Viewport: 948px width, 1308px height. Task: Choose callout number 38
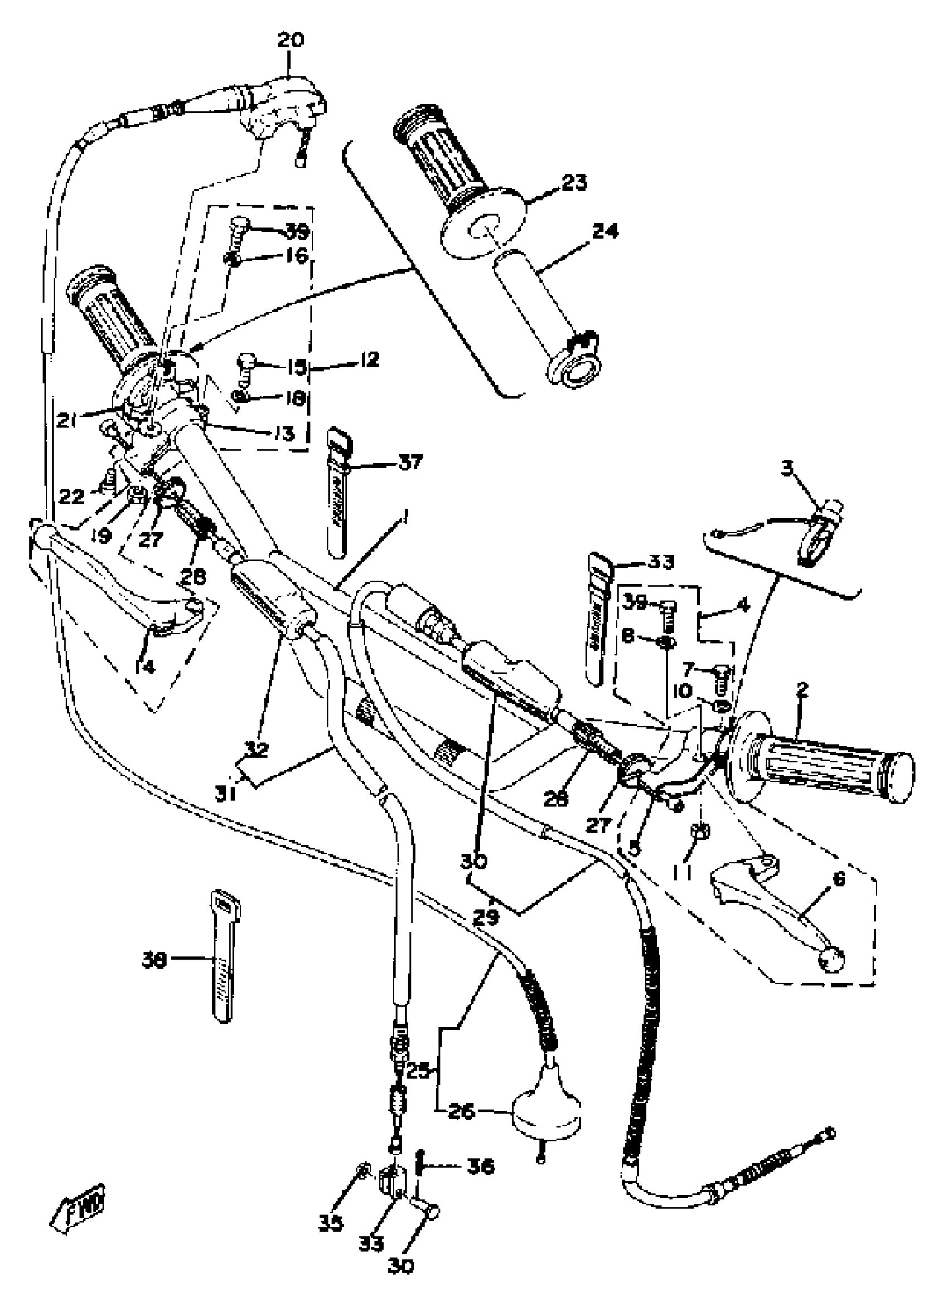point(154,961)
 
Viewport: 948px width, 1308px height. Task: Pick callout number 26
point(461,1111)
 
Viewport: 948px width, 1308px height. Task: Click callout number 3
point(787,469)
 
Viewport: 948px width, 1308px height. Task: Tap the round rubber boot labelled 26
point(546,1110)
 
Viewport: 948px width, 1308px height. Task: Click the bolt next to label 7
point(722,679)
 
